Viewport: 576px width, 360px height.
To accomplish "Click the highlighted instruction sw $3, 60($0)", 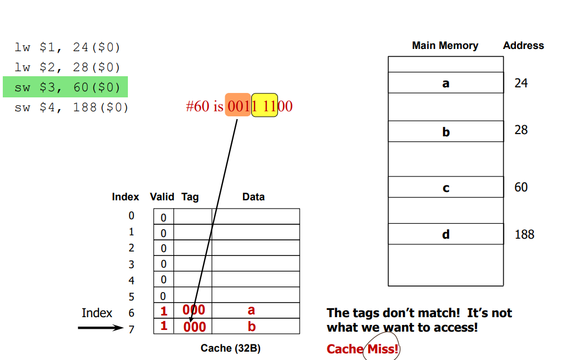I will (x=66, y=87).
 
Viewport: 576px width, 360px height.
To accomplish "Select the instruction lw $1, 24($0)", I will (x=67, y=47).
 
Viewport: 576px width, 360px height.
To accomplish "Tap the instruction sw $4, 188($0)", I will (x=71, y=107).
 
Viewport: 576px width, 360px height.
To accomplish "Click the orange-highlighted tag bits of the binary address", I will (x=238, y=106).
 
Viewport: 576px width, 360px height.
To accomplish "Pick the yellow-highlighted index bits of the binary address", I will (x=265, y=106).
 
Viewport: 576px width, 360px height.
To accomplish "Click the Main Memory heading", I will (x=445, y=46).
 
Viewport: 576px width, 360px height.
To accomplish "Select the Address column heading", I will (x=523, y=46).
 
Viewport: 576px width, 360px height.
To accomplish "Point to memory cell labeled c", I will (x=445, y=188).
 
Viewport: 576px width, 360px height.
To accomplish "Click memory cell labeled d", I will (x=445, y=234).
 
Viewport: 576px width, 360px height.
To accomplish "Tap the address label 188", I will (x=524, y=234).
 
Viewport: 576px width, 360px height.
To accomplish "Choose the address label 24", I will (x=521, y=83).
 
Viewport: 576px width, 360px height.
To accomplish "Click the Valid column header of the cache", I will (x=162, y=197).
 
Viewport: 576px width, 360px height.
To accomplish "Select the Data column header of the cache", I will (x=254, y=197).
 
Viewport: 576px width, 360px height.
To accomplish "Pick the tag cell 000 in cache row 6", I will (x=193, y=310).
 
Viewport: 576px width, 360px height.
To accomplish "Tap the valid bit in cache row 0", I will (x=163, y=217).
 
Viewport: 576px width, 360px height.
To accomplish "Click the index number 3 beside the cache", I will (x=131, y=264).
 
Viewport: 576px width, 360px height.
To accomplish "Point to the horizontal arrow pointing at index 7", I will (x=100, y=328).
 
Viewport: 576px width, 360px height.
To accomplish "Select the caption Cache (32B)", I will (x=230, y=348).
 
